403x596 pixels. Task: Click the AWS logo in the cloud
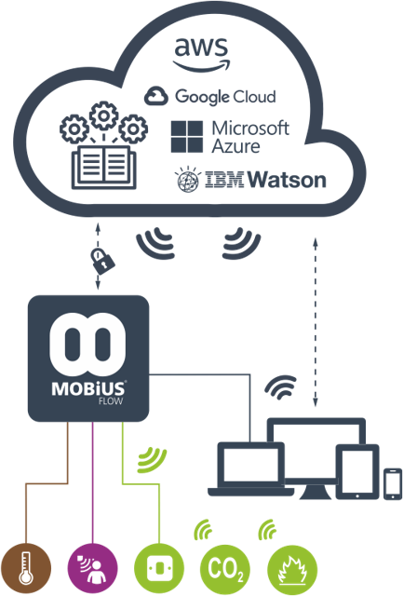tap(201, 54)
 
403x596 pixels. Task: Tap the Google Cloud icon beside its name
tap(156, 96)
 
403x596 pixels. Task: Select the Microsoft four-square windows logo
tap(186, 137)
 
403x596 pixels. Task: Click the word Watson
tap(289, 180)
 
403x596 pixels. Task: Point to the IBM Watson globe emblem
tap(188, 180)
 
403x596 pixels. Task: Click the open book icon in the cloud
tap(104, 168)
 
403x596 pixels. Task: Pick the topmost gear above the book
tap(103, 115)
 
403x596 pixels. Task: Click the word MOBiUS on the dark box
tap(88, 389)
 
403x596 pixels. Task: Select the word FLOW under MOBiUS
tap(111, 401)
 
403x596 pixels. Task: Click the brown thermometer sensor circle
tap(26, 569)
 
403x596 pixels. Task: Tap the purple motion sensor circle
tap(93, 569)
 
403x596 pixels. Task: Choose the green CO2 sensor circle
tap(225, 569)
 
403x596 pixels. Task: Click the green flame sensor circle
tap(292, 569)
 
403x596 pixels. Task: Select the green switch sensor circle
tap(159, 569)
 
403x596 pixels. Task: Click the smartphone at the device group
tap(393, 484)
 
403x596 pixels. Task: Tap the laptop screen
tap(251, 466)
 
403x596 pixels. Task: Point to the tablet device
tap(357, 472)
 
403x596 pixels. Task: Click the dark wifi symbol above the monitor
tap(281, 386)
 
